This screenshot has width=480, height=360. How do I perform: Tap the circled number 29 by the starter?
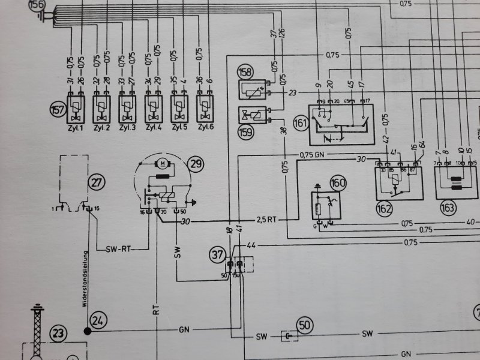click(194, 163)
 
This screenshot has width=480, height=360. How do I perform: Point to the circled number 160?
click(339, 184)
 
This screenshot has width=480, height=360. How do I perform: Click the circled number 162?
click(385, 209)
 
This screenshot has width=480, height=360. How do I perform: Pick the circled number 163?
click(447, 208)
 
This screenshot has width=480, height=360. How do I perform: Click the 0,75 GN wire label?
click(311, 154)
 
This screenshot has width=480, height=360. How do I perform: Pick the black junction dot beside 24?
click(88, 331)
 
